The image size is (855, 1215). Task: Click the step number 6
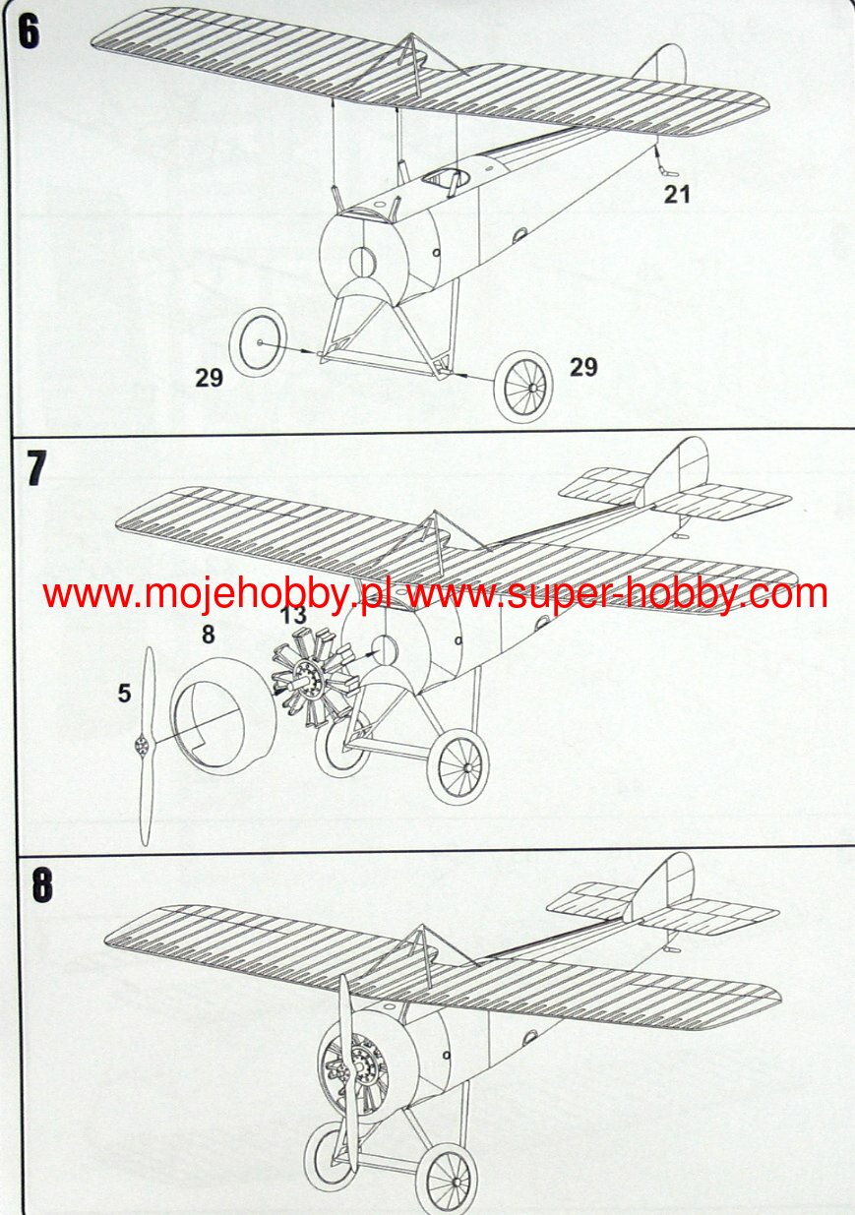[29, 31]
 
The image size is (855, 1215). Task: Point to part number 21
[676, 195]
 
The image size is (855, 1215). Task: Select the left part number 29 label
[209, 378]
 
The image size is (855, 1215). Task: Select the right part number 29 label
[583, 367]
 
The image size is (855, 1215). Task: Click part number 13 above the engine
[293, 617]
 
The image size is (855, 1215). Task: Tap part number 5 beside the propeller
[124, 694]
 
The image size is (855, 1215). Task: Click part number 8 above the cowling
[208, 636]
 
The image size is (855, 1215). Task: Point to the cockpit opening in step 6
[445, 178]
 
